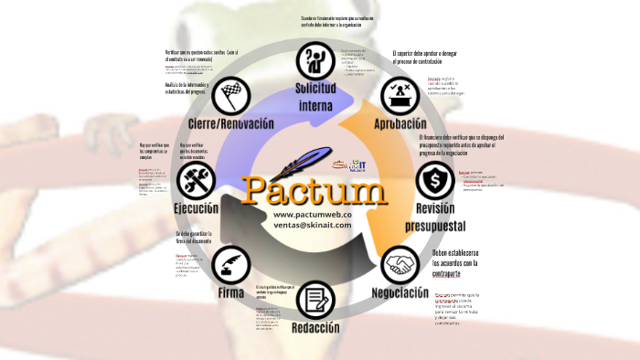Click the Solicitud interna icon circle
[x=314, y=61]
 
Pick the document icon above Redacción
[x=316, y=299]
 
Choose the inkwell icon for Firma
[x=230, y=265]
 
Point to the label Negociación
[x=400, y=293]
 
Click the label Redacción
[x=316, y=328]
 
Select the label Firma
[x=230, y=293]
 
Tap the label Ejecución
[x=196, y=208]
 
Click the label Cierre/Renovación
[x=232, y=122]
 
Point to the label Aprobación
[x=400, y=122]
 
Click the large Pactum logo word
[x=315, y=190]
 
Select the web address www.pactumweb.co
[x=312, y=214]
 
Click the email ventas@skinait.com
[x=312, y=225]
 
